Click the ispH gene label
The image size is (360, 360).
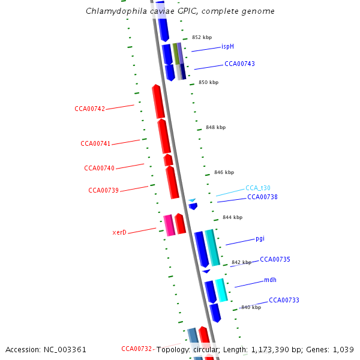pos(227,46)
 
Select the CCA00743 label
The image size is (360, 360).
pos(239,64)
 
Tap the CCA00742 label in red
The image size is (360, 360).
pos(90,109)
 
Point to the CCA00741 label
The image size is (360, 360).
pos(95,144)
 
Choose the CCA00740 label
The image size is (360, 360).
pos(99,168)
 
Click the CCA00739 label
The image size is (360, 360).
pos(103,190)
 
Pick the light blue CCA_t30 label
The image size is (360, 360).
pos(258,188)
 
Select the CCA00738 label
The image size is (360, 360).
pos(262,197)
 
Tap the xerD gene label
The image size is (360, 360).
pos(119,232)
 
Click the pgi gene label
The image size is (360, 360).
pos(260,238)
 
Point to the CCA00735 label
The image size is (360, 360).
pos(275,259)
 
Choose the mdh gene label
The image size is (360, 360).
pos(270,280)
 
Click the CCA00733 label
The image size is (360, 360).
pos(284,300)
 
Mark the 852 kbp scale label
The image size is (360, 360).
pos(202,37)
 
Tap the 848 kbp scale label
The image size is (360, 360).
pos(215,127)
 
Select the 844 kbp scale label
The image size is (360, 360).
pos(232,217)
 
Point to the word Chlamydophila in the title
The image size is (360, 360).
pos(113,11)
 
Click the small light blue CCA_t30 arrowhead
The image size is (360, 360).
pos(192,200)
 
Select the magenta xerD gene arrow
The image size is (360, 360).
pos(169,225)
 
